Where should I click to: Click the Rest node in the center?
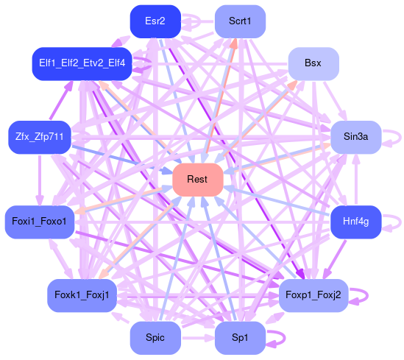click(198, 180)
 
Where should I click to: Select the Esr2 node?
click(155, 21)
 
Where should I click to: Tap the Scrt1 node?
click(240, 21)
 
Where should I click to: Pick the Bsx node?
click(313, 63)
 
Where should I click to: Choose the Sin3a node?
click(356, 137)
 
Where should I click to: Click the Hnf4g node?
click(356, 222)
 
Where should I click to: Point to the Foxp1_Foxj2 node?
click(313, 295)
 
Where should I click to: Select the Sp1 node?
click(240, 338)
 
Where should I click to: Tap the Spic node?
click(155, 338)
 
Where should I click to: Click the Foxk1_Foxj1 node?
click(82, 295)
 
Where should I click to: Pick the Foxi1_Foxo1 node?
click(40, 222)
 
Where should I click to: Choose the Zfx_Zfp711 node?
click(40, 137)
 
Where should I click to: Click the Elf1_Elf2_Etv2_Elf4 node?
click(82, 63)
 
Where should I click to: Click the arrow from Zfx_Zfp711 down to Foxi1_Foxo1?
click(40, 180)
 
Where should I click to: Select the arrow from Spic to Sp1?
click(198, 338)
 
